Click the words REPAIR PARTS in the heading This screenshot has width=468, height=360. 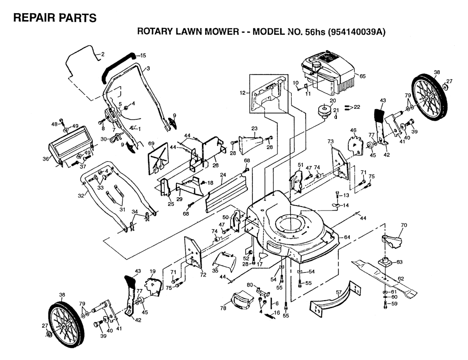tap(55, 18)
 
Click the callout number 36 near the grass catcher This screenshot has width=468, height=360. tap(45, 159)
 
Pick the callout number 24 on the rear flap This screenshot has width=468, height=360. tap(223, 175)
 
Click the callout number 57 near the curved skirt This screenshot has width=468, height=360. tap(339, 292)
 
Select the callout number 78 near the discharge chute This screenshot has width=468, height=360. tap(223, 309)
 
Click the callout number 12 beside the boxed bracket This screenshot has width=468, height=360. tap(243, 93)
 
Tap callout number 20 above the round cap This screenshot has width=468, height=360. tap(333, 101)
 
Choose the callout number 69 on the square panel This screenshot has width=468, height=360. tap(152, 144)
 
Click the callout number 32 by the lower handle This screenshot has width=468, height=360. tap(81, 195)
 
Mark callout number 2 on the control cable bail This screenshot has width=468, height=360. tap(102, 54)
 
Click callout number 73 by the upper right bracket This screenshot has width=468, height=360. tap(330, 141)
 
